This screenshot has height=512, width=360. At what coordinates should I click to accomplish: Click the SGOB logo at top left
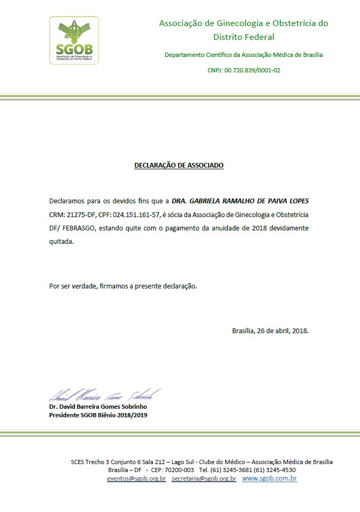[74, 40]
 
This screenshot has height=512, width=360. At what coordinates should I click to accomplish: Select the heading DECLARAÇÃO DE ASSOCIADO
[179, 166]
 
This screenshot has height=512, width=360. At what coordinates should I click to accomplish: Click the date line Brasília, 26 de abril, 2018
[270, 330]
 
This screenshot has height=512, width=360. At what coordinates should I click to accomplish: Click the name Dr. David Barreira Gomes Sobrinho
[98, 407]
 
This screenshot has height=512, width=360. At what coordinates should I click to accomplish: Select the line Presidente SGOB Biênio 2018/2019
[98, 415]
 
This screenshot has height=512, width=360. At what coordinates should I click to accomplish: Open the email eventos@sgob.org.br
[136, 478]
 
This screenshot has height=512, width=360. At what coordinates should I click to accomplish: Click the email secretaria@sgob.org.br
[203, 478]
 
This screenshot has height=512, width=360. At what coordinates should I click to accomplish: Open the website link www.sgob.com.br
[269, 478]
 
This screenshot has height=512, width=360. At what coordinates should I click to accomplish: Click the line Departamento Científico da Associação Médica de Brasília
[243, 55]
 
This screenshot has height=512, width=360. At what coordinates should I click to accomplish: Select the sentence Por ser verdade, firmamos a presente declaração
[123, 286]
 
